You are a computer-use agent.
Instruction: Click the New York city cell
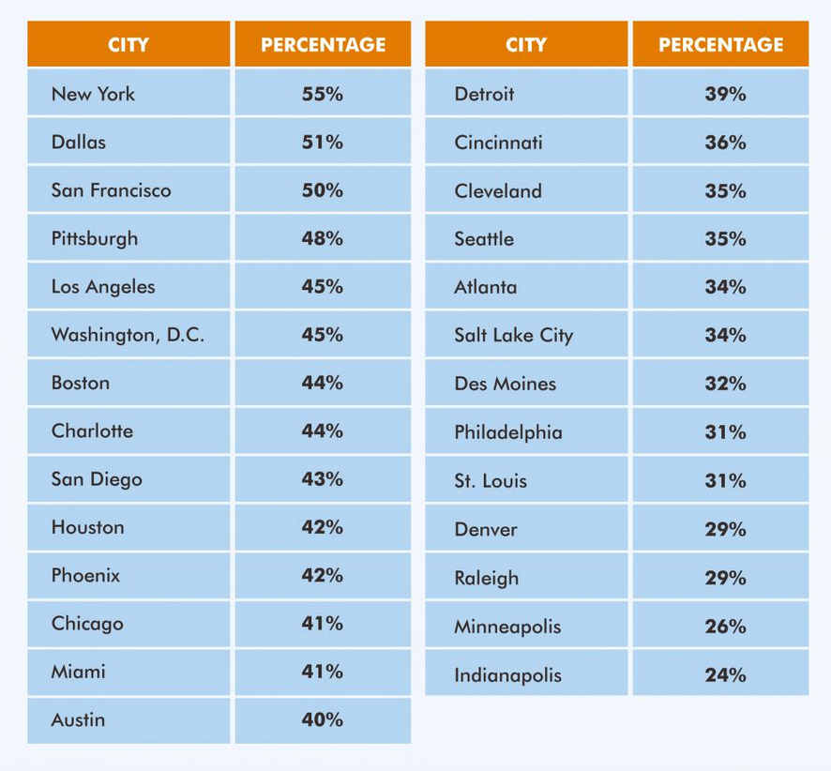coord(93,94)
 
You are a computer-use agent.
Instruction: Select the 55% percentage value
coord(322,94)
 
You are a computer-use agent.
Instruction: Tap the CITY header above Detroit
coord(525,44)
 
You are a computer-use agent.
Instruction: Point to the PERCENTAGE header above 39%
coord(720,44)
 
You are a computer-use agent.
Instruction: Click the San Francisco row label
coord(111,190)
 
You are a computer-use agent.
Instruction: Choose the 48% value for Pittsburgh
coord(322,238)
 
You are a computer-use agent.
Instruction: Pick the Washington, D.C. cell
coord(128,335)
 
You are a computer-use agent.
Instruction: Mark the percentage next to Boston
coord(322,383)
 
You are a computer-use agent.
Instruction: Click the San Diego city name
coord(97,479)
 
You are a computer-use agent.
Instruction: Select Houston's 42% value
coord(322,527)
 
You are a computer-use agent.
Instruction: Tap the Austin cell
coord(78,720)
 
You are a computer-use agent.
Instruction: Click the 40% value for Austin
coord(322,720)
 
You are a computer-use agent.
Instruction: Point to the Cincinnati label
coord(498,143)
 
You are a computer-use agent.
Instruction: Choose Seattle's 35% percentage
coord(725,239)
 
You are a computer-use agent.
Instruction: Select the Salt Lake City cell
coord(513,336)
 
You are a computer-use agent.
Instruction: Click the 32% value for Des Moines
coord(725,384)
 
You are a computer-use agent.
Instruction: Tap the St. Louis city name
coord(491,481)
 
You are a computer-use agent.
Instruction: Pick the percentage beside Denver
coord(725,529)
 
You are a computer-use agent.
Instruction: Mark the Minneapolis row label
coord(507,627)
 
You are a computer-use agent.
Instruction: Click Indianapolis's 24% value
coord(725,674)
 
